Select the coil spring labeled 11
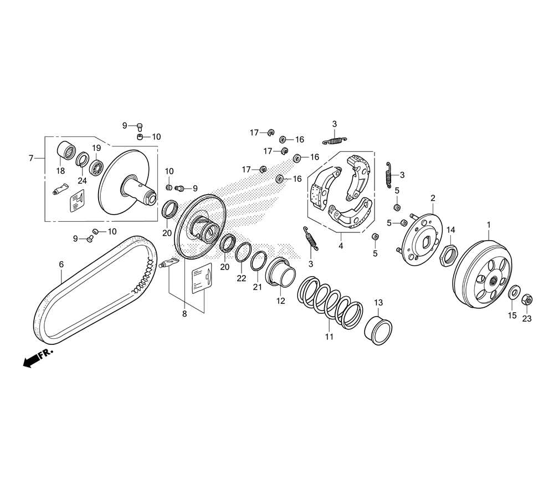pos(329,299)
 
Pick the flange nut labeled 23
pos(527,300)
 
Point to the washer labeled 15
pos(514,292)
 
